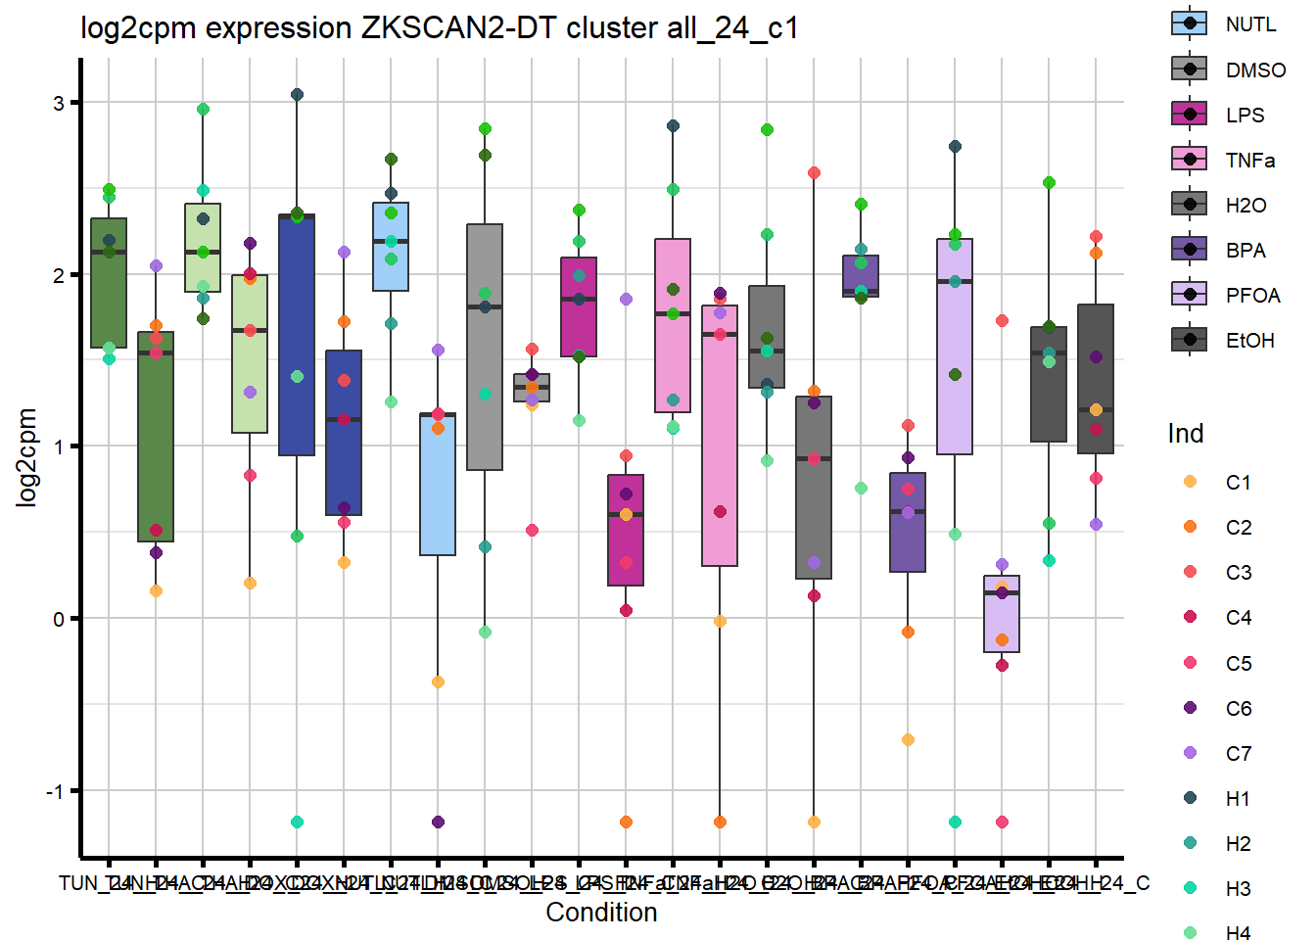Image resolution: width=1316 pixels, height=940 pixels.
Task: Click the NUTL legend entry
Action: [x=1189, y=23]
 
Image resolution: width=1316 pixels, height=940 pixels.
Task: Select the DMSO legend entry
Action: [x=1189, y=69]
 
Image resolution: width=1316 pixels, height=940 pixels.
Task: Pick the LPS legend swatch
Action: [x=1189, y=114]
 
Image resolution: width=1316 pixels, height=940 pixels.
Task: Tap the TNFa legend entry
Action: [x=1189, y=159]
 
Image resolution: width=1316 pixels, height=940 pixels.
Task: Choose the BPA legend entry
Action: [x=1189, y=249]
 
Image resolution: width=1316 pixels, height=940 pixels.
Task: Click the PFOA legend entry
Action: [x=1189, y=294]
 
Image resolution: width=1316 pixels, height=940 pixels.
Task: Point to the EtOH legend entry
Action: [x=1189, y=339]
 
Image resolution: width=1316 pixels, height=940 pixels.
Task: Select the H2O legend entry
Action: [x=1189, y=204]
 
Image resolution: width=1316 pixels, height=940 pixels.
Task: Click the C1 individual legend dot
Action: [x=1190, y=482]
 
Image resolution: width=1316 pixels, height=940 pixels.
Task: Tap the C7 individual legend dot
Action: [x=1190, y=753]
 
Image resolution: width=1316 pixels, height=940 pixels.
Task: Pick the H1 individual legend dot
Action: [x=1190, y=798]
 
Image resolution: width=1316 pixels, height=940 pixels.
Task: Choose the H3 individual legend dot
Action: [x=1190, y=888]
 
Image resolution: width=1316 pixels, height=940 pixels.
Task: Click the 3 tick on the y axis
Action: [x=59, y=103]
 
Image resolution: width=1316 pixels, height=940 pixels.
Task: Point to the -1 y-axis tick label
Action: [x=55, y=791]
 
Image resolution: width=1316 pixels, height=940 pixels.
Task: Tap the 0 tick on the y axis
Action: [x=59, y=619]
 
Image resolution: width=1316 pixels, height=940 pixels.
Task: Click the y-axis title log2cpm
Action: [x=26, y=457]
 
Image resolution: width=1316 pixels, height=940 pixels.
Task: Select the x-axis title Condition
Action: [x=601, y=913]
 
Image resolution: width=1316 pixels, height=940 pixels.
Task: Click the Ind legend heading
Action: [x=1185, y=434]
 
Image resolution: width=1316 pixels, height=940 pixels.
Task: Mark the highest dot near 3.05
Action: [x=297, y=95]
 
